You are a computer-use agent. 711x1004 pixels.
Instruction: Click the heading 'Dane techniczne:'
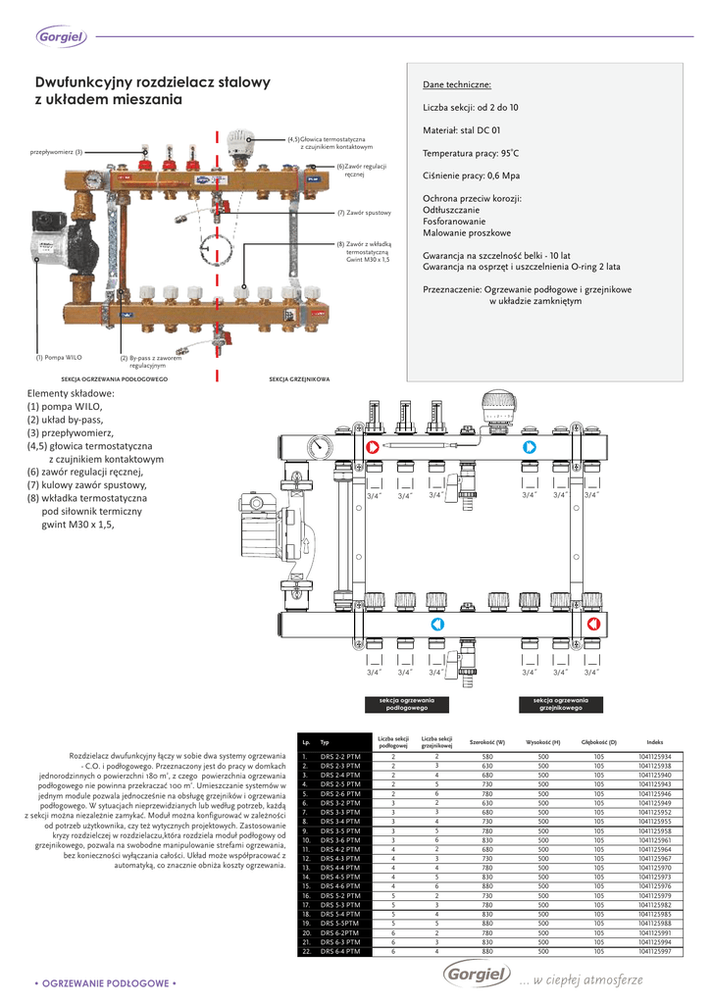pos(457,85)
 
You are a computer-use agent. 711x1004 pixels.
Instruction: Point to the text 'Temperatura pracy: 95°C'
pos(471,154)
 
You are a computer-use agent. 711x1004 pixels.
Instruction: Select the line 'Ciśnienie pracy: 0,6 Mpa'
pos(472,176)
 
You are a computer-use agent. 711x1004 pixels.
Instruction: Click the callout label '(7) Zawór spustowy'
pos(364,213)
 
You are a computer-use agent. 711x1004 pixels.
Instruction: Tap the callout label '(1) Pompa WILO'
pos(59,358)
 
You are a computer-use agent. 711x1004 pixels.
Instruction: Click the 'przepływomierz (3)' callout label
pos(57,152)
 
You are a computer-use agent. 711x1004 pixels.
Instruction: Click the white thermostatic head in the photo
pos(238,144)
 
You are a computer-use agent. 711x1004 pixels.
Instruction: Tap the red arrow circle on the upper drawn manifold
pos(374,448)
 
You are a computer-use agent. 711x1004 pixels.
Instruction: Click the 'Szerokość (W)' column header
pos(487,742)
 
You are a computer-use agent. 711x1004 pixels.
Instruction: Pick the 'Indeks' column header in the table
pos(654,742)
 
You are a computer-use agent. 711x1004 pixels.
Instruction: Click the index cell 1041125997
pos(654,951)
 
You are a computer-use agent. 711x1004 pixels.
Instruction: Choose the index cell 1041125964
pos(654,849)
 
